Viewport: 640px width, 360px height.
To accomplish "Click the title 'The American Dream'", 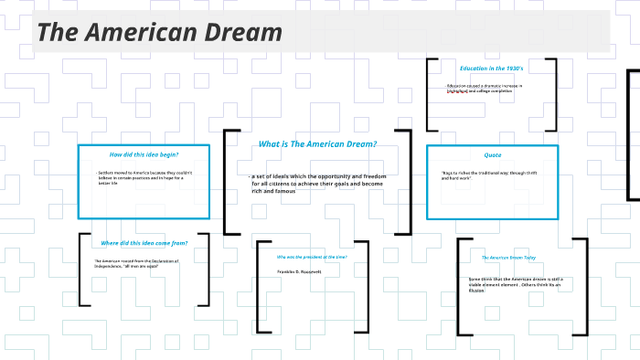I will (x=160, y=33).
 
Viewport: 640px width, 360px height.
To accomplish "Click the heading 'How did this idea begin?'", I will (x=144, y=154).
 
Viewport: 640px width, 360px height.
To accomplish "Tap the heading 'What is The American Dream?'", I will (x=317, y=144).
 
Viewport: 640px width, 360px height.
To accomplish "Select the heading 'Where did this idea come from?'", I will (x=144, y=243).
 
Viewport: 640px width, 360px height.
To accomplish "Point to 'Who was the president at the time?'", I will (x=312, y=257).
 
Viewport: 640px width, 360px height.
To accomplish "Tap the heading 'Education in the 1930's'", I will (x=491, y=69).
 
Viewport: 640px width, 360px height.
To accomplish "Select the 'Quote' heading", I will (x=492, y=155).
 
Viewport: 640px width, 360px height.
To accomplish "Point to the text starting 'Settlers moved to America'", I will (x=141, y=177).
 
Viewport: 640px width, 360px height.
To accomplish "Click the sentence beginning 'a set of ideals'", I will (x=315, y=183).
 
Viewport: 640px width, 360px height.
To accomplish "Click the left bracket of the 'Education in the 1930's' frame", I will (x=430, y=94).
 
